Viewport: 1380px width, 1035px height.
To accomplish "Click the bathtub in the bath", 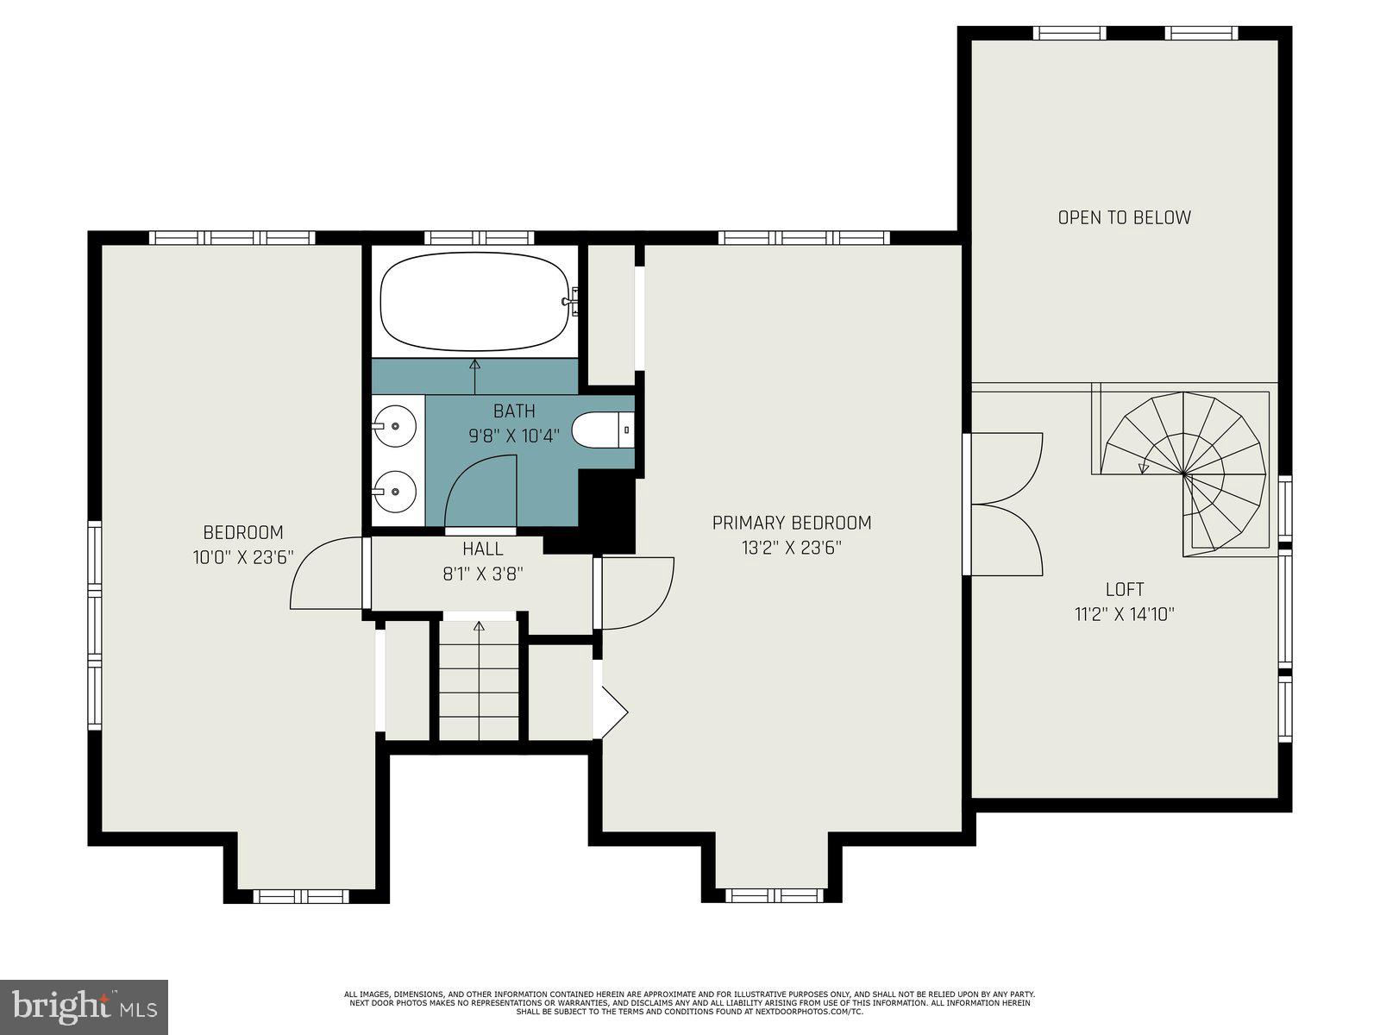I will click(x=474, y=302).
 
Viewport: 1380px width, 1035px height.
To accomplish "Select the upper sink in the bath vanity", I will click(x=395, y=425).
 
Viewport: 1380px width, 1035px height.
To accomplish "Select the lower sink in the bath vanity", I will click(x=395, y=492).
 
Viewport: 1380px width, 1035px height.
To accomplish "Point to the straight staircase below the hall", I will click(x=479, y=681).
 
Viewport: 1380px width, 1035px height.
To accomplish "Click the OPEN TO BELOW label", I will click(x=1124, y=217).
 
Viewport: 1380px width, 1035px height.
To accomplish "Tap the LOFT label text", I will click(x=1125, y=589).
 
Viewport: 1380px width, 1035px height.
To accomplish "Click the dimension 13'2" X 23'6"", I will click(x=791, y=547).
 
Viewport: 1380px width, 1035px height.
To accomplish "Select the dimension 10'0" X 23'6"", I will click(x=243, y=557).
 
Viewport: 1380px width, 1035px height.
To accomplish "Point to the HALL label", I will click(x=483, y=549).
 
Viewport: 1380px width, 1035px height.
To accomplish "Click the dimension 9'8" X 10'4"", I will click(x=514, y=436).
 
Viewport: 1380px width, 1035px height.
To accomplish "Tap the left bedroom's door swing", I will click(x=323, y=574).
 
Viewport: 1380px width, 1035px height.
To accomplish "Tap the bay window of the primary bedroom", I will click(x=776, y=895).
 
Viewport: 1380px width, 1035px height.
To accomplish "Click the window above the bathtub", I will click(x=480, y=238).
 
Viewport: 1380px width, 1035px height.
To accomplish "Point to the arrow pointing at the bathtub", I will click(x=474, y=375).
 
